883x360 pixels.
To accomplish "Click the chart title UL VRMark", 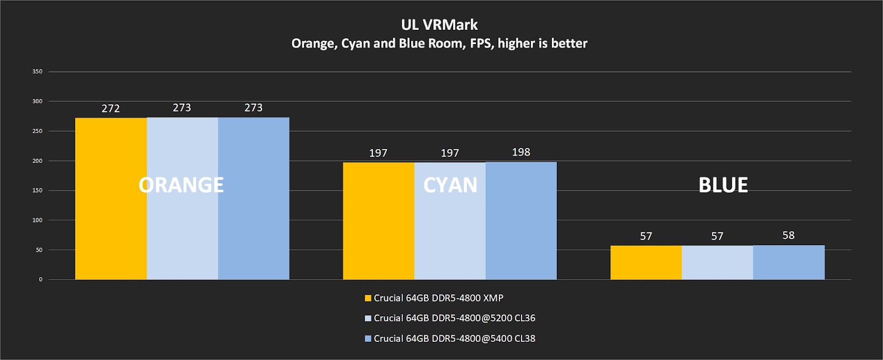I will point(439,25).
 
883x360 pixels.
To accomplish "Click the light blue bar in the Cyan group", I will point(450,232).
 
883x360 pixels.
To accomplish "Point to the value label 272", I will point(111,109).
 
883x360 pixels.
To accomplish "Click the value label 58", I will point(788,236).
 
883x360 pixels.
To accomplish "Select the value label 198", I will point(521,152).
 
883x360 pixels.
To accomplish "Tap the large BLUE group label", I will point(723,185).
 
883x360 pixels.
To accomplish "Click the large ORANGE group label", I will point(181,185).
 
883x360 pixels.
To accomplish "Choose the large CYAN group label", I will point(450,185).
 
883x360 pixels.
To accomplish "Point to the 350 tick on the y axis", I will point(37,72).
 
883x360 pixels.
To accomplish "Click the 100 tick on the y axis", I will point(37,220).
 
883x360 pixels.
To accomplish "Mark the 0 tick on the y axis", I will point(40,279).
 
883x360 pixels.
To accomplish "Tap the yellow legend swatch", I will point(368,298).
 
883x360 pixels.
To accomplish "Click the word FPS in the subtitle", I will point(481,44).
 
